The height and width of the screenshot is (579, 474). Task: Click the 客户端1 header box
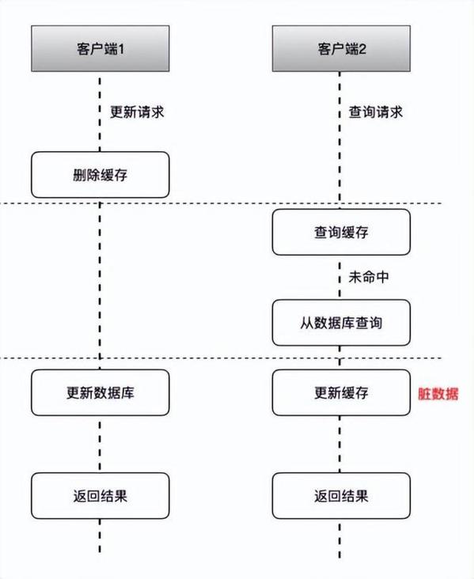point(100,47)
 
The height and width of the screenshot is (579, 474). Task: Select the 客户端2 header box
point(341,47)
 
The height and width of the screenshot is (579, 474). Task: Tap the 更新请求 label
point(137,111)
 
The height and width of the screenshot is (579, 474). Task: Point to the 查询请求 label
point(376,111)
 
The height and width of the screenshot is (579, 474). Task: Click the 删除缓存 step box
point(100,175)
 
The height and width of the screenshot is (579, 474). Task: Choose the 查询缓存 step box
point(341,233)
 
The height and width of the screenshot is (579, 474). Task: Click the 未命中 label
point(369,278)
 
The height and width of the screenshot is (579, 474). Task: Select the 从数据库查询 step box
point(341,323)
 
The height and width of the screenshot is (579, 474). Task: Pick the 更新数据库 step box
point(100,392)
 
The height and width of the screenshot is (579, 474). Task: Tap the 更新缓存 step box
point(341,392)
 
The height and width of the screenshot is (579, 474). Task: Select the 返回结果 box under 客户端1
point(100,496)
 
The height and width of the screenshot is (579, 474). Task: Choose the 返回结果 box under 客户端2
point(341,496)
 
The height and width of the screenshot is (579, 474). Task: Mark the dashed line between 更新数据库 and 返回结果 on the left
point(100,444)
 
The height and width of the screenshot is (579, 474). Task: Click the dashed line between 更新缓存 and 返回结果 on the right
point(341,444)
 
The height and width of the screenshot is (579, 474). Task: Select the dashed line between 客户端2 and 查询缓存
point(341,158)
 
